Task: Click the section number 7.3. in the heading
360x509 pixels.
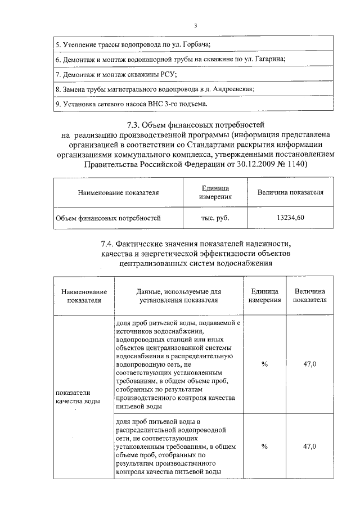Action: click(130, 125)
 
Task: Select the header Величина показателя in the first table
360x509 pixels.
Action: click(291, 192)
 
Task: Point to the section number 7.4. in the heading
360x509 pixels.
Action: click(113, 244)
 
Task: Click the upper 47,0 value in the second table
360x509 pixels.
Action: click(309, 364)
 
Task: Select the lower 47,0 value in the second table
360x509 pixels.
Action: click(309, 446)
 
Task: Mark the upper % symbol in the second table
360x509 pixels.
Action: click(264, 364)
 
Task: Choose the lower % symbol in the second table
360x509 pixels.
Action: click(264, 446)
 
